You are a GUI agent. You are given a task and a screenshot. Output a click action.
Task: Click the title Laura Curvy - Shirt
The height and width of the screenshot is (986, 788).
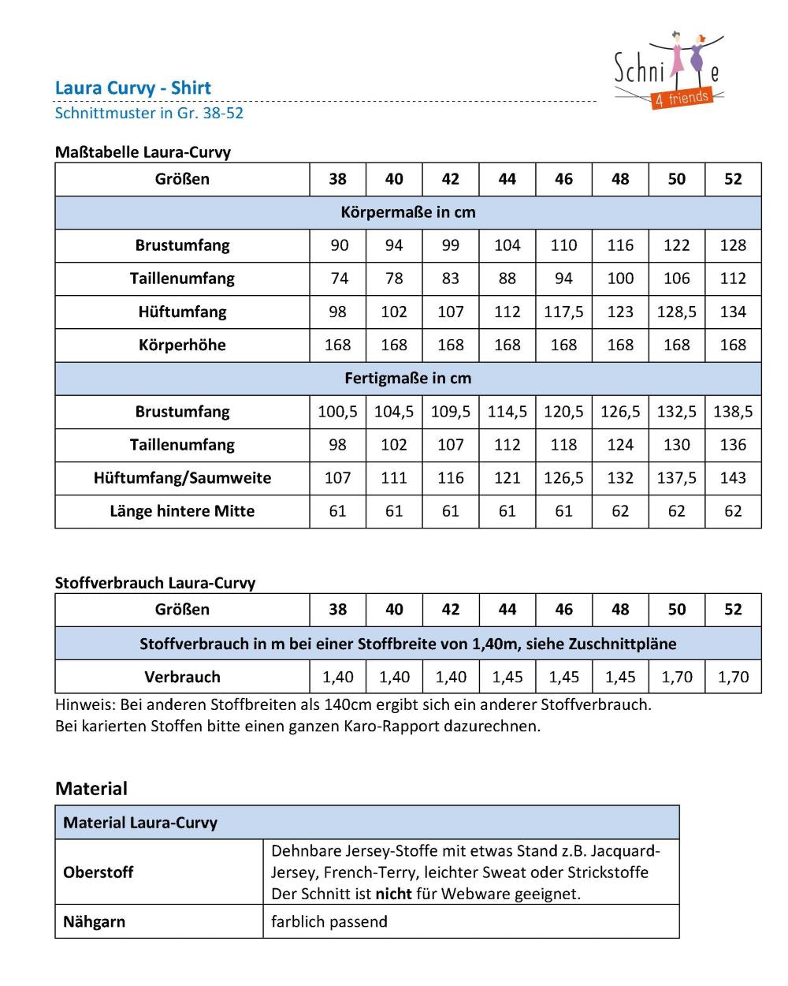coord(133,88)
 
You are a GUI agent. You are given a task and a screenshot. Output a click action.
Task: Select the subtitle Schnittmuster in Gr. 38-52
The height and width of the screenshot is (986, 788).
coord(149,113)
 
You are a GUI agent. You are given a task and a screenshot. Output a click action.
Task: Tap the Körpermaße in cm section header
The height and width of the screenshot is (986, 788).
coord(407,212)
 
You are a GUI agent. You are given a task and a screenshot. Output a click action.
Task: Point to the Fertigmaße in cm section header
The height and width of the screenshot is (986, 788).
coord(407,378)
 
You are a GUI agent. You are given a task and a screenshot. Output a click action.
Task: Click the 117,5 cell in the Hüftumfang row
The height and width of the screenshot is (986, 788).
coord(563,312)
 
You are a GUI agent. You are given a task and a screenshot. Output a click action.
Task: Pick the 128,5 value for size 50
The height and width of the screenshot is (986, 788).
coord(676,312)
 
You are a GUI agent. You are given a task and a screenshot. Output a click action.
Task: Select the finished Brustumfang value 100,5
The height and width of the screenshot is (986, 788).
coord(337,411)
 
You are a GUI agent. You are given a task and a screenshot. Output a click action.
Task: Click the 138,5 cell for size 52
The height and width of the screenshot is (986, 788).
coord(733,411)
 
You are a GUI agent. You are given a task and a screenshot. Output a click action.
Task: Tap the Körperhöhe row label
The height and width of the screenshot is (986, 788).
coord(182,345)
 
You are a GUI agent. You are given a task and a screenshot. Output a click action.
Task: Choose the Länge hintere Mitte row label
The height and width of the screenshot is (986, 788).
coord(182,510)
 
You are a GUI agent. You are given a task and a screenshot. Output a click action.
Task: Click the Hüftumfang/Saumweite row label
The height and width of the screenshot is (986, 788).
coord(182,477)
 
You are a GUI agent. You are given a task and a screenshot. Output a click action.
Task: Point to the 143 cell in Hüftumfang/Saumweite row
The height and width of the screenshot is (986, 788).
coord(733,477)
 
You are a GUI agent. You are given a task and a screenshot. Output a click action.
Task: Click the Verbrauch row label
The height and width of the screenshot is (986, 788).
coord(182,677)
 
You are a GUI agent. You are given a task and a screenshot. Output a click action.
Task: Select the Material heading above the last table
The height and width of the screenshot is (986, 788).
coord(91,788)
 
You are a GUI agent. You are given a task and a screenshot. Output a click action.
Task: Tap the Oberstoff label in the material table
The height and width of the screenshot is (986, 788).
coord(98,872)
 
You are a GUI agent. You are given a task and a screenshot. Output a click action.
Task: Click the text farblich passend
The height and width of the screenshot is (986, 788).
coord(329,921)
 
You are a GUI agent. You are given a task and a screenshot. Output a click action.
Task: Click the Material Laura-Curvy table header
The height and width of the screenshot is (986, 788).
coord(140,823)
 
